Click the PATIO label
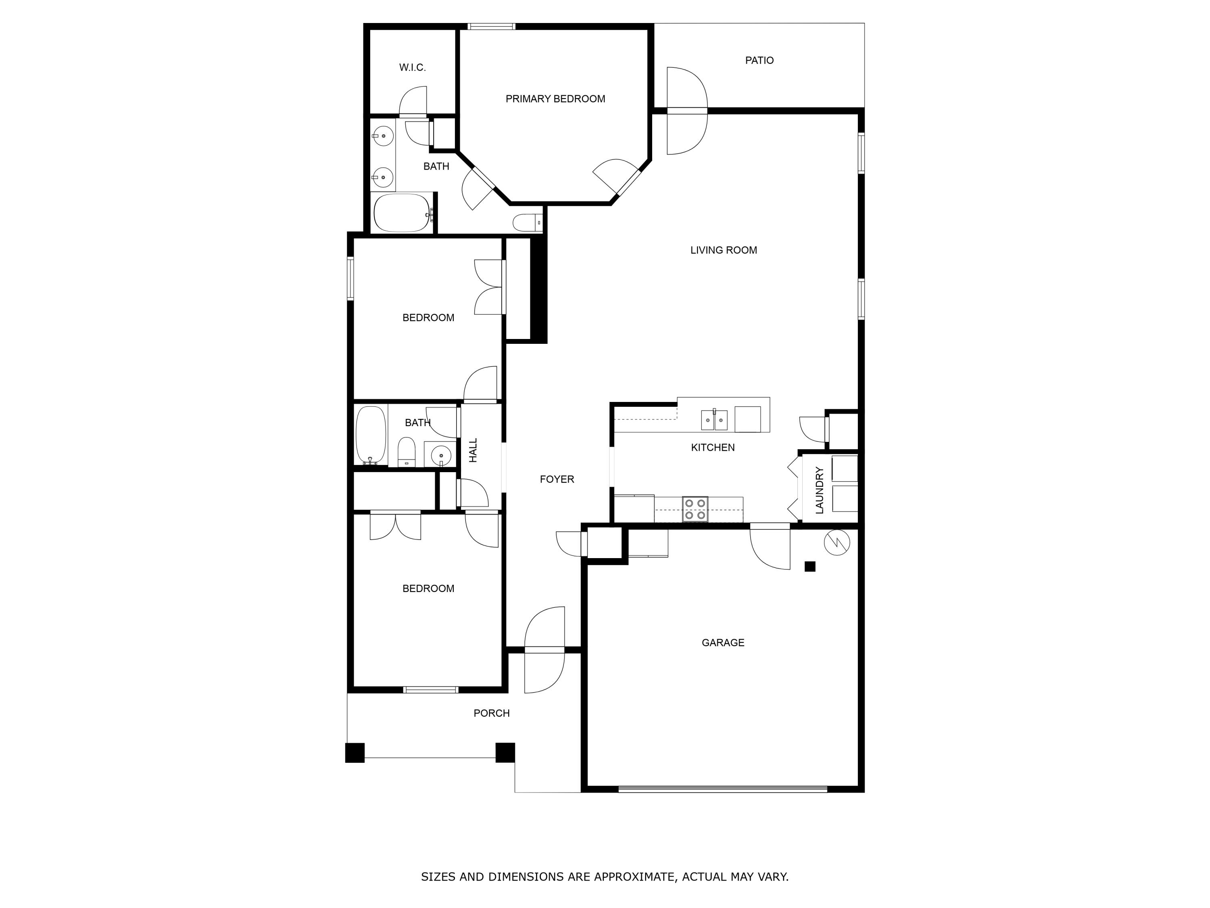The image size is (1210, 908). click(x=759, y=60)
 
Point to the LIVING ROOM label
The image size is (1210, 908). click(x=723, y=250)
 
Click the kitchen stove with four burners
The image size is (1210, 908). click(x=695, y=509)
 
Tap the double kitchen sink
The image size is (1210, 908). click(x=714, y=420)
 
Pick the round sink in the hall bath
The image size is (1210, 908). click(x=440, y=455)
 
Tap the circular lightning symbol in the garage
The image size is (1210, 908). click(x=837, y=542)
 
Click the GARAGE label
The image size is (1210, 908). click(x=723, y=642)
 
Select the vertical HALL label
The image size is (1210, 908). click(x=473, y=450)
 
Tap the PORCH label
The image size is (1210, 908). click(x=491, y=713)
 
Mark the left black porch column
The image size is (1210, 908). click(x=355, y=753)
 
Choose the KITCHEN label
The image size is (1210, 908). click(x=712, y=448)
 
